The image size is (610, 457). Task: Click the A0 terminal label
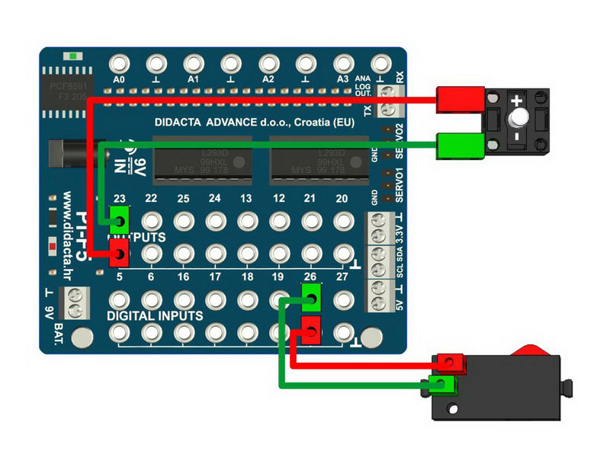tap(118, 78)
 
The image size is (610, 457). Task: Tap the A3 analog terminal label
tap(342, 78)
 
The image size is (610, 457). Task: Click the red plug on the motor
tap(461, 100)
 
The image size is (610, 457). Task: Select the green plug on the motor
tap(461, 143)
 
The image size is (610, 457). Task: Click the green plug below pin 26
tap(311, 296)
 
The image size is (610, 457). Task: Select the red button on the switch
tap(532, 350)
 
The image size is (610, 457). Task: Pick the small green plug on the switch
tap(441, 383)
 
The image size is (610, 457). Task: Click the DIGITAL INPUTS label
tap(154, 315)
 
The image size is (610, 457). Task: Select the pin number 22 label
tap(151, 199)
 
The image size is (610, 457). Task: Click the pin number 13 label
tap(246, 199)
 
